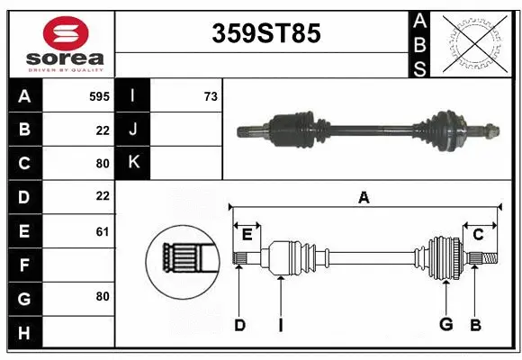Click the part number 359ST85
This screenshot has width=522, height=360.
click(x=265, y=34)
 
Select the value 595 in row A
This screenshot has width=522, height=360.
click(x=99, y=94)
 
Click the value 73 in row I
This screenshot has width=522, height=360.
click(x=211, y=94)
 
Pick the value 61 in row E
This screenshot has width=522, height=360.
click(x=102, y=231)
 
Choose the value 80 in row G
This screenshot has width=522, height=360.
click(x=102, y=296)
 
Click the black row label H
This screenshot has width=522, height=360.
click(x=24, y=334)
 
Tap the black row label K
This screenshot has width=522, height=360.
click(x=133, y=162)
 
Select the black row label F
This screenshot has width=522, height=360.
click(x=24, y=265)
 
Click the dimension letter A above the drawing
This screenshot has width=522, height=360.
click(x=364, y=198)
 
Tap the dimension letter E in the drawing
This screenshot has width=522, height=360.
click(x=247, y=234)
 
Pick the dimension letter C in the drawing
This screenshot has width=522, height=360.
click(x=479, y=234)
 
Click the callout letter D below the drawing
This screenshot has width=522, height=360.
click(x=239, y=325)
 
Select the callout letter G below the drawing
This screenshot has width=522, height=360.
click(x=445, y=325)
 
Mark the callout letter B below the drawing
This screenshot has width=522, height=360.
click(x=476, y=325)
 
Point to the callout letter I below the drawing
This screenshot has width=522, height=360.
click(x=280, y=325)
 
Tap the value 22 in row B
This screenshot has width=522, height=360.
click(x=102, y=129)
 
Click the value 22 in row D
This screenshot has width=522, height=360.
click(x=102, y=195)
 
